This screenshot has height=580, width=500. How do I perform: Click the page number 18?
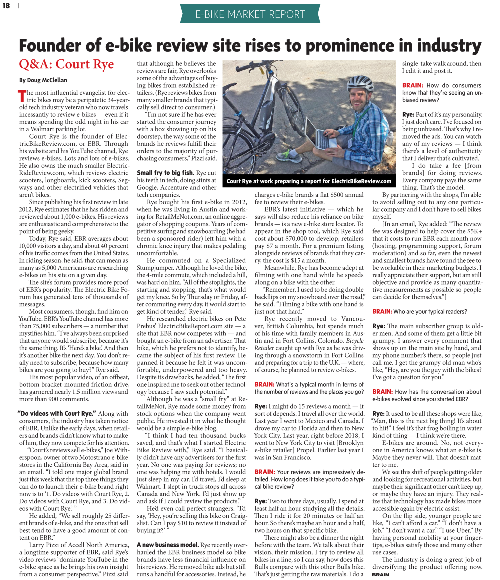[x=6, y=5]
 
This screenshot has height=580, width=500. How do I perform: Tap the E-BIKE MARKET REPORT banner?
[x=250, y=14]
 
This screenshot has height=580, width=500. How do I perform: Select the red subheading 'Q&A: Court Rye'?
[x=66, y=64]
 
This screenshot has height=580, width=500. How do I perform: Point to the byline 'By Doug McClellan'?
[x=43, y=80]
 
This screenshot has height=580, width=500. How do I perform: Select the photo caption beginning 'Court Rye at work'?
[x=309, y=181]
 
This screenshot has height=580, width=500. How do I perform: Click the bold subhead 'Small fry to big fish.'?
[x=165, y=173]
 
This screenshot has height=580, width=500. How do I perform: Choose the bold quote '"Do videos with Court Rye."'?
[x=57, y=413]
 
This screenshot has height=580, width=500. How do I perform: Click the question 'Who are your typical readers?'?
[x=430, y=311]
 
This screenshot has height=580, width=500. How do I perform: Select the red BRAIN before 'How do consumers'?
[x=412, y=85]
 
